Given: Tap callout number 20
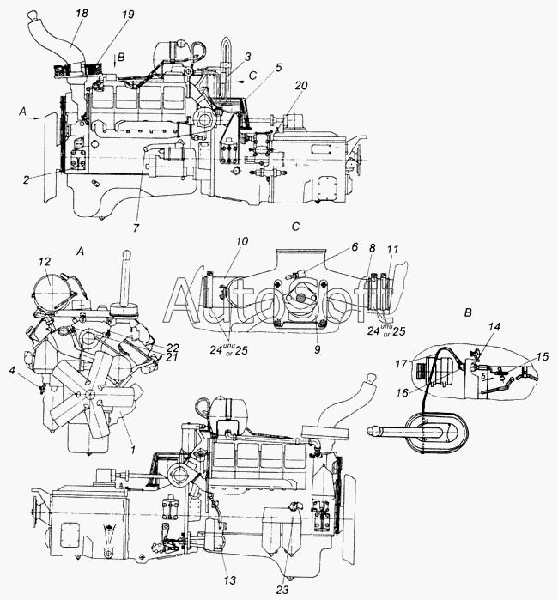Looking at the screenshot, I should (x=300, y=86).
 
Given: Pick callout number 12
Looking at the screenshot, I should (x=45, y=261).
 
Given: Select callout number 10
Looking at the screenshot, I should (x=242, y=241).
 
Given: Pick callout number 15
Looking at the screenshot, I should (x=541, y=355).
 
